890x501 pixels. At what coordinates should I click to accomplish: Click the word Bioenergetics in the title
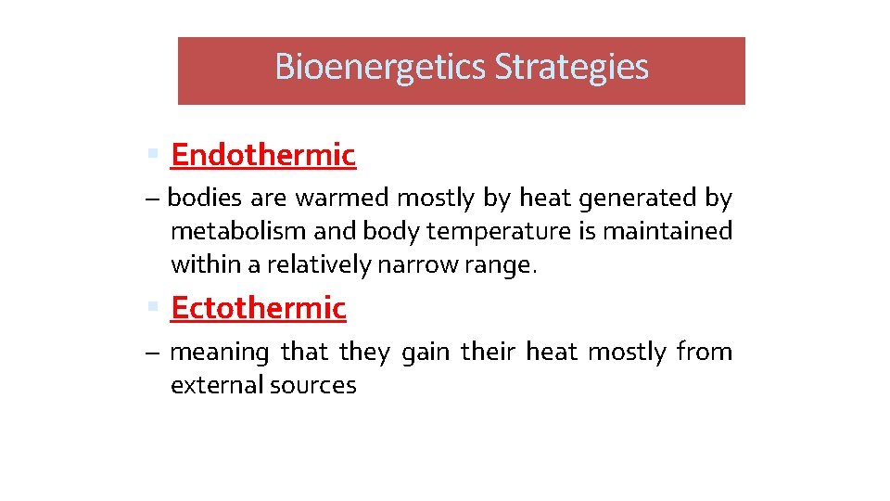point(381,68)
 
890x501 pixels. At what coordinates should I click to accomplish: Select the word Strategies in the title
point(571,68)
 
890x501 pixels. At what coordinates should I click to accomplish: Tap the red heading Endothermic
point(263,156)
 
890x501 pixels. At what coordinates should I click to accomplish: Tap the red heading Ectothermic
point(259,308)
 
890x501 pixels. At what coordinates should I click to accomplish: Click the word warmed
point(344,199)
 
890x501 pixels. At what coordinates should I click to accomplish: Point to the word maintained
point(667,231)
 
